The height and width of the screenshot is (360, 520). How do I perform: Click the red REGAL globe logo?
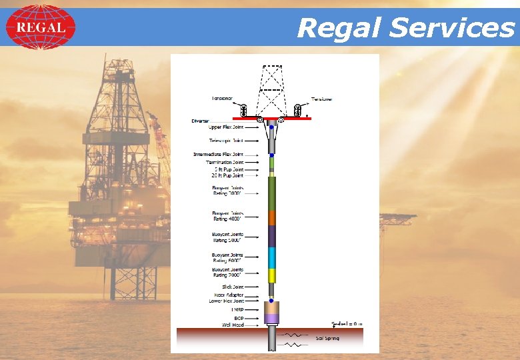point(41,27)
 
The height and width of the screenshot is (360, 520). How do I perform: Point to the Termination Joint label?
point(224,162)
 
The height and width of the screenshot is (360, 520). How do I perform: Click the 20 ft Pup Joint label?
point(227,175)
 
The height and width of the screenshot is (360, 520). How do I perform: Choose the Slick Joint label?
point(233,287)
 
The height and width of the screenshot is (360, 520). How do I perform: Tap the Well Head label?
point(232,325)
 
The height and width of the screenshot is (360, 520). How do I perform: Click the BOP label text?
point(238,318)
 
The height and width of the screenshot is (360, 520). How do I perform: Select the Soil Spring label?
point(327,338)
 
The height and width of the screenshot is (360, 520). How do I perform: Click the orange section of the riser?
point(271,217)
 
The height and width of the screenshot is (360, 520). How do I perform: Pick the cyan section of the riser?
point(271,257)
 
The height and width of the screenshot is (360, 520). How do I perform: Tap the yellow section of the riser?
point(271,275)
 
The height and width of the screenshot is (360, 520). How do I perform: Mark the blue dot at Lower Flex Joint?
point(271,301)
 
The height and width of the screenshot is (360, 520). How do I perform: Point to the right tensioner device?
point(298,109)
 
